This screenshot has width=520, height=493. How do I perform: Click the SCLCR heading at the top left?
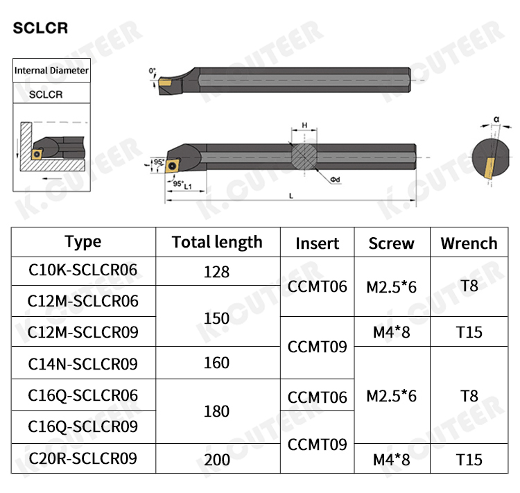[x=40, y=28]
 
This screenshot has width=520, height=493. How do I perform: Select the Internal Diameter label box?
[x=51, y=70]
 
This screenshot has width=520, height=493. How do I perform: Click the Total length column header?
[x=217, y=242]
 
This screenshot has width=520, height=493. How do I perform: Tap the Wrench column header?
[x=469, y=243]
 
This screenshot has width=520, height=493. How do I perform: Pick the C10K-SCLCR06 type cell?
[x=83, y=270]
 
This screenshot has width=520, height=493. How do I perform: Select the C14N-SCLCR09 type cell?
[x=83, y=364]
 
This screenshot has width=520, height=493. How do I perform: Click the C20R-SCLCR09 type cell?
[x=83, y=458]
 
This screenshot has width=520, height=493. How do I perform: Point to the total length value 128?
[x=216, y=272]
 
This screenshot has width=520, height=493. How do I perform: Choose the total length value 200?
[x=217, y=460]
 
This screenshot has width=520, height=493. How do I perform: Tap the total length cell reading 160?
[x=216, y=363]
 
